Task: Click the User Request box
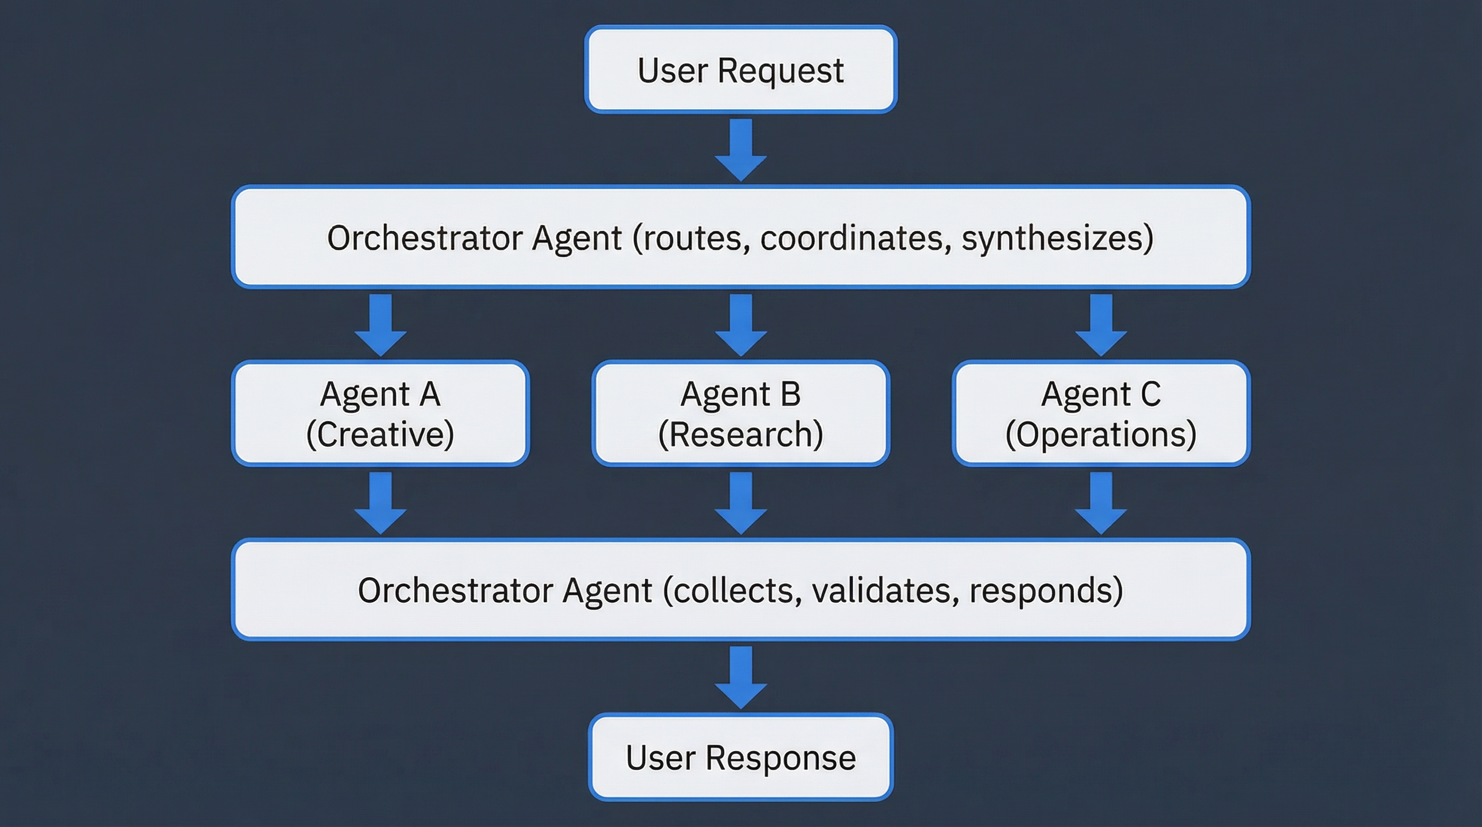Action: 740,69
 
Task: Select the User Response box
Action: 740,757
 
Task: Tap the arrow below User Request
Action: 740,150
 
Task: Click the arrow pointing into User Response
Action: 740,677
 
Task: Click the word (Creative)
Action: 380,434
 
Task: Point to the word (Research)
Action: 740,434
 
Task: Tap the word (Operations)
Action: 1101,434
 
